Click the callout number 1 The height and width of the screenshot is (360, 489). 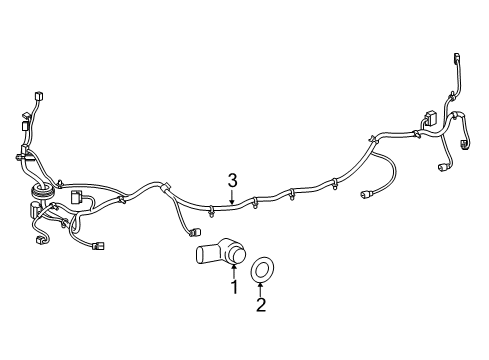point(234,289)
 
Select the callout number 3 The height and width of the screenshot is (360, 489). point(232,180)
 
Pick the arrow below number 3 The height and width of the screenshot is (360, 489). point(232,198)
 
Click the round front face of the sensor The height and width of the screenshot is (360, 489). point(236,256)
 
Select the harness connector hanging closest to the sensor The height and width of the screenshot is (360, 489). point(192,234)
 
